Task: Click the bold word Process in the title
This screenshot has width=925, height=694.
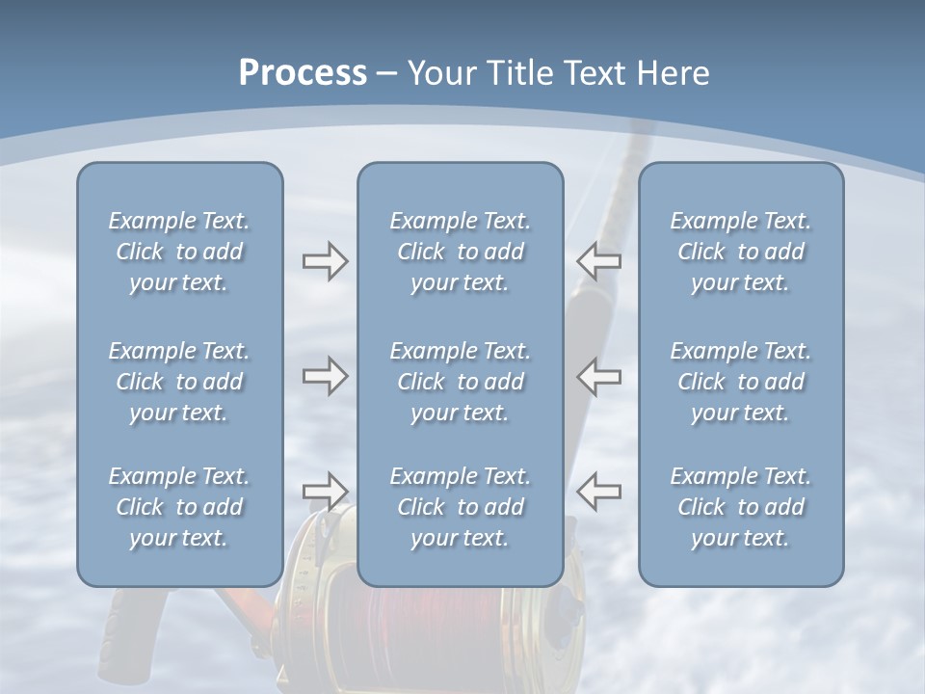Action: (303, 73)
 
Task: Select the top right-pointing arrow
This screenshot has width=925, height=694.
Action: (325, 261)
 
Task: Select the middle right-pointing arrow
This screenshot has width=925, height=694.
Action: (325, 376)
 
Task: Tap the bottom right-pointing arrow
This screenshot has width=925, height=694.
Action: (325, 492)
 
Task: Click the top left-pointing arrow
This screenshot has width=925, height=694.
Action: (599, 261)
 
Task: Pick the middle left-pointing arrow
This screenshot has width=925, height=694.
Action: (599, 376)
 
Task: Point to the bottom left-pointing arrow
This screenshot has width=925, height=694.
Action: (599, 492)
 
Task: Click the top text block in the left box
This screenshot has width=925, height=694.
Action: (179, 252)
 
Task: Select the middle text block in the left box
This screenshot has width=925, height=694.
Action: (179, 382)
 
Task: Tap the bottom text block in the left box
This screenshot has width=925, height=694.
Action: (179, 507)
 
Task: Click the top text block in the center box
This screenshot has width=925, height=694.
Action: (461, 252)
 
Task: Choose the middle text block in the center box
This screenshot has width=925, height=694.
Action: (461, 382)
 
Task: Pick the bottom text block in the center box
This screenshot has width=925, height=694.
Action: (461, 507)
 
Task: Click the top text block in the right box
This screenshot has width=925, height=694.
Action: (741, 252)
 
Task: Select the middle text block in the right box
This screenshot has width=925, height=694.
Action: (741, 382)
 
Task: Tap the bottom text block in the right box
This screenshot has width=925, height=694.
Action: (741, 507)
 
